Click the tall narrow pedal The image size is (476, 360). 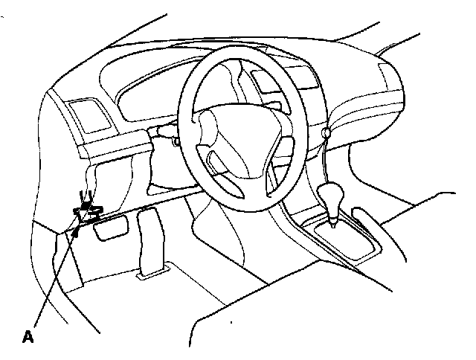point(153,238)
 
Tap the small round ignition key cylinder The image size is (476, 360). point(325,133)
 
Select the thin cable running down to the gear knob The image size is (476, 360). point(327,164)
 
